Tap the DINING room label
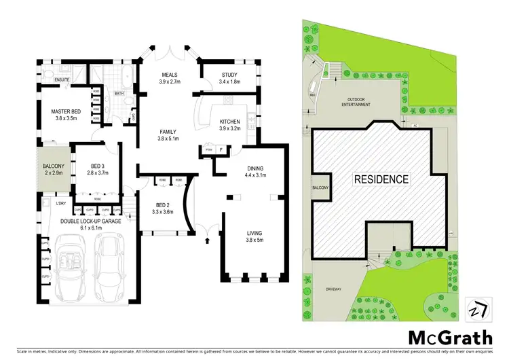(x=255, y=168)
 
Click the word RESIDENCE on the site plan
(x=380, y=180)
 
